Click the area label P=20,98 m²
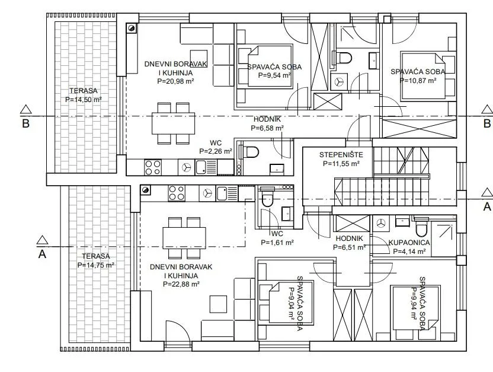tap(175, 81)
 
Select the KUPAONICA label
tap(409, 242)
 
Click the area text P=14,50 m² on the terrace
tap(84, 100)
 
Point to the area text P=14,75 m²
tap(95, 265)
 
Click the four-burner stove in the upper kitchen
tap(153, 167)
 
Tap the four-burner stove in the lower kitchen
tap(177, 193)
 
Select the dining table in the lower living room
tap(184, 237)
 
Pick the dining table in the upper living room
tap(173, 123)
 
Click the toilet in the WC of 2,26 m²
tap(249, 152)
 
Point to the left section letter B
tap(26, 123)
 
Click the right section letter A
tap(487, 207)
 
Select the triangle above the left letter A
tap(42, 240)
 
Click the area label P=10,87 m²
tap(418, 80)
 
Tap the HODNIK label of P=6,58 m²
tap(267, 119)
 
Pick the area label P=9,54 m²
tap(274, 75)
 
